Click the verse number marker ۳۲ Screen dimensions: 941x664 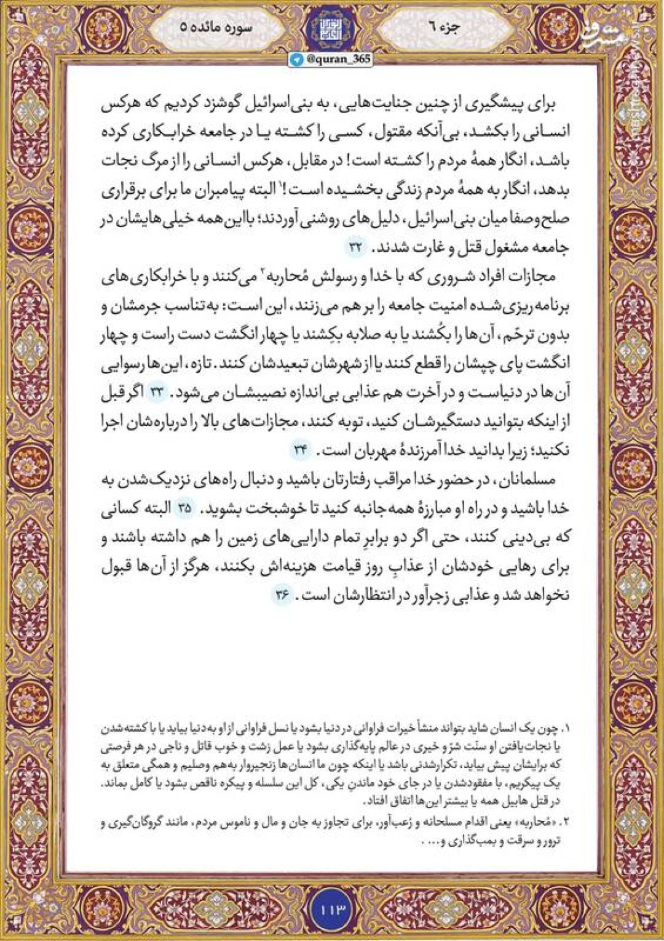pos(357,247)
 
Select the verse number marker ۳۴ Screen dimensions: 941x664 pos(300,450)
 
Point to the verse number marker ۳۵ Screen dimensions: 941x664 pos(185,509)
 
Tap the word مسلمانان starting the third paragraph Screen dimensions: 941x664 pos(537,480)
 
